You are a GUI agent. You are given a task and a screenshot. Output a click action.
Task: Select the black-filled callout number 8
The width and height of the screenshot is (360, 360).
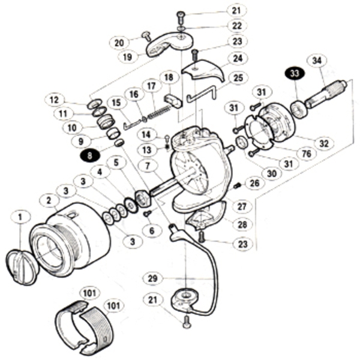tap(89, 154)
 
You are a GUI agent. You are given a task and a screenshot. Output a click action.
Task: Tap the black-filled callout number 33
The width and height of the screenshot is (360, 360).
tap(293, 74)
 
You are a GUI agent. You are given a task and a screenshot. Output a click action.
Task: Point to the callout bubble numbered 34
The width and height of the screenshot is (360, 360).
tap(317, 60)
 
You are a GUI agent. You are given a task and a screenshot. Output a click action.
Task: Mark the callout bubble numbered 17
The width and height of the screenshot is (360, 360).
tap(149, 86)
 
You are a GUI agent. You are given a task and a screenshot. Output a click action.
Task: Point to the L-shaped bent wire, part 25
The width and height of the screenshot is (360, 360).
tap(202, 93)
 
